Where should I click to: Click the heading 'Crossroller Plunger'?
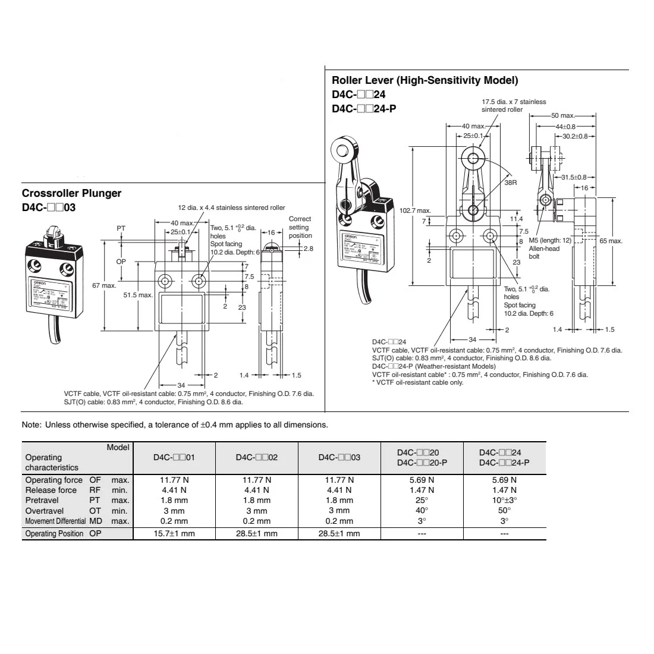click(71, 193)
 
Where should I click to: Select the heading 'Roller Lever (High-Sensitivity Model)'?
click(425, 80)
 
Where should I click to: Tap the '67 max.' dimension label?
click(104, 286)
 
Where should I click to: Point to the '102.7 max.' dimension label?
click(416, 210)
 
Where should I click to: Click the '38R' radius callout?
click(510, 183)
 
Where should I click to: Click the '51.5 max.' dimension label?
click(138, 295)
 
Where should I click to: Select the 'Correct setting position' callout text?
click(300, 227)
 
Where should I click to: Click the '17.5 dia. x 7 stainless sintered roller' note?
click(513, 106)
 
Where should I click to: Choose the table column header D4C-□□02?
click(257, 457)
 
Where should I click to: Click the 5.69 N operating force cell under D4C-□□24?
click(504, 480)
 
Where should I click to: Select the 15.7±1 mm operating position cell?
click(174, 533)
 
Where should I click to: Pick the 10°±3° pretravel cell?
click(504, 500)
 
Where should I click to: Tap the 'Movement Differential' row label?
click(56, 521)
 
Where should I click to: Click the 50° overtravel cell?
click(504, 511)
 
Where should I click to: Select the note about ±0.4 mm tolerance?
click(174, 425)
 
